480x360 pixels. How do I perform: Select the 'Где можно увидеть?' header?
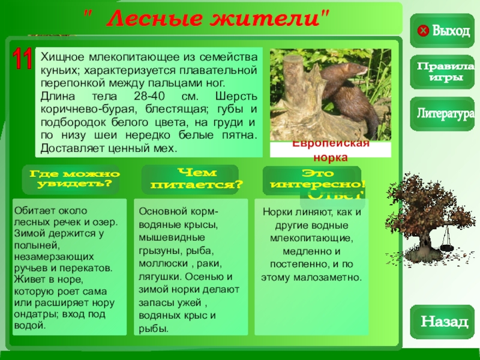tap(74, 178)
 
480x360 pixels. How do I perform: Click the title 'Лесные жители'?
tap(213, 18)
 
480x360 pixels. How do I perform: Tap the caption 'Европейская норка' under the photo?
tap(330, 150)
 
